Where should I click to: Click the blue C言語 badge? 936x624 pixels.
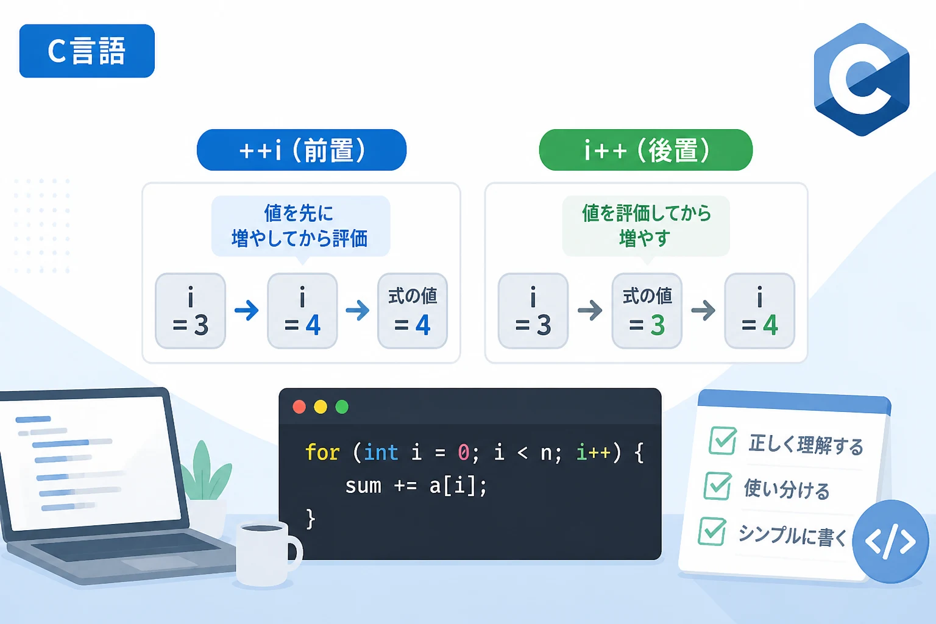point(87,51)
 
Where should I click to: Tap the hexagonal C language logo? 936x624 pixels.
point(862,79)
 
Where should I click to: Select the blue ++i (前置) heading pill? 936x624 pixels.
point(302,150)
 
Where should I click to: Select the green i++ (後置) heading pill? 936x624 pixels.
point(645,150)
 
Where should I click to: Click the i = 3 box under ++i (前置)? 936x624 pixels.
point(191,311)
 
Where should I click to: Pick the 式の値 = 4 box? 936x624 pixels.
point(413,311)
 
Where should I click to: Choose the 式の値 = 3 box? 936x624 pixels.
point(647,311)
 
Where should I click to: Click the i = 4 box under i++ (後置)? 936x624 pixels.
point(760,311)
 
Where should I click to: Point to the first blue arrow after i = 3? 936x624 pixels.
point(247,310)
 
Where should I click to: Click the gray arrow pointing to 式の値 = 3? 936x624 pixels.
point(590,310)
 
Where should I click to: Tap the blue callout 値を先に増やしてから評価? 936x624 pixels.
point(301,227)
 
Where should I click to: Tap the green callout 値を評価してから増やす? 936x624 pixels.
point(646,227)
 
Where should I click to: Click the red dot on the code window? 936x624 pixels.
point(299,406)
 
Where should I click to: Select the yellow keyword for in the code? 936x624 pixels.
point(322,452)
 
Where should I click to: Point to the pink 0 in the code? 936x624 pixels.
point(463,453)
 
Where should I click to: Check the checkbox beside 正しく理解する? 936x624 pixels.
point(723,440)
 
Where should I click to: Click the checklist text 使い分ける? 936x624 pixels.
point(787,489)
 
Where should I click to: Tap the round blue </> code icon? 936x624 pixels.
point(890,542)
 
